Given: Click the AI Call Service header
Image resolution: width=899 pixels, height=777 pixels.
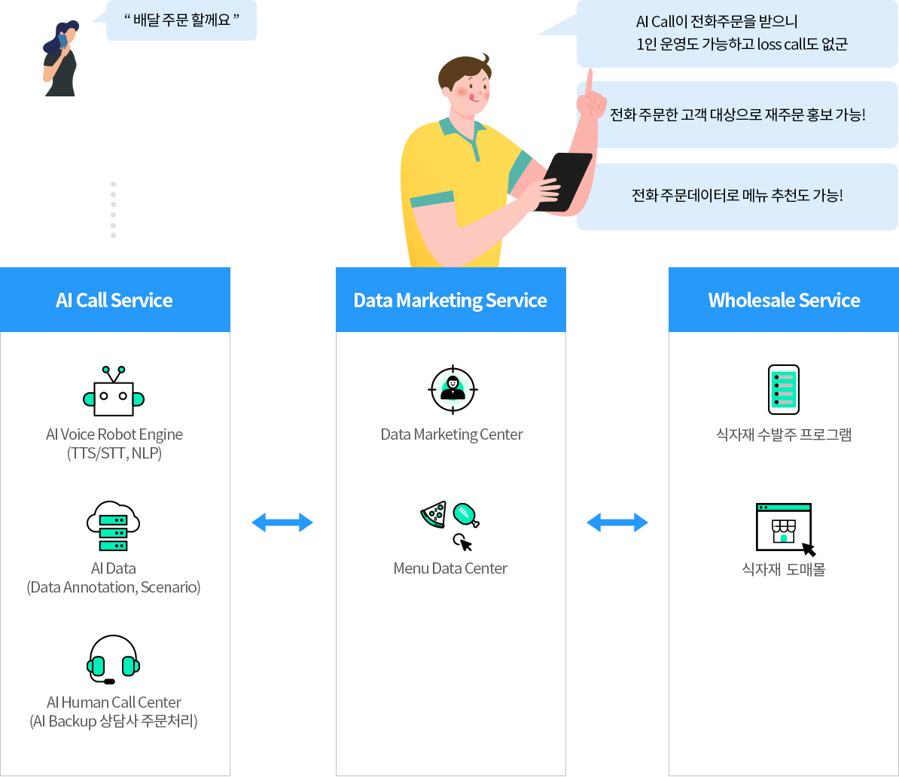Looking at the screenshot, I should coord(114,300).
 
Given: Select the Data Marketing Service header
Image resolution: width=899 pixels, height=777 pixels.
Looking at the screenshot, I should coord(450,300).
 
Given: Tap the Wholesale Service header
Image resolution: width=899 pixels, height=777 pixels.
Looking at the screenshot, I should coord(784,300).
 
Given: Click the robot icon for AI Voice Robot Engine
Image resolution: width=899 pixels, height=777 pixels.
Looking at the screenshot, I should coord(114,392).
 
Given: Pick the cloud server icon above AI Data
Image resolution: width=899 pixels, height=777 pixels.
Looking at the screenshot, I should coord(114,526).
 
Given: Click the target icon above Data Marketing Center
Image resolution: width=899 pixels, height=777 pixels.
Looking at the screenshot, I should coord(453,389).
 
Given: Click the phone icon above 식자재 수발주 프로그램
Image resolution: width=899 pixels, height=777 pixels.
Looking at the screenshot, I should coord(784,390).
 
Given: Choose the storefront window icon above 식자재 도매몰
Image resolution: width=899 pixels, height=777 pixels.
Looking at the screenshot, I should coord(784,527).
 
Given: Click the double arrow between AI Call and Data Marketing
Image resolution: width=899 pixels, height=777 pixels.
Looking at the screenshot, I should coord(282,523).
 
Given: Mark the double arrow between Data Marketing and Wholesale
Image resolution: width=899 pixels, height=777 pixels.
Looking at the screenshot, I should coord(617,523).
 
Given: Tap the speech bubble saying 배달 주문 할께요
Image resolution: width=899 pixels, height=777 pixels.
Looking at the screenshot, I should coord(181,20).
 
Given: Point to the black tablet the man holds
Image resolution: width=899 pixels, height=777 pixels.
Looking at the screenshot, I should coord(563,181).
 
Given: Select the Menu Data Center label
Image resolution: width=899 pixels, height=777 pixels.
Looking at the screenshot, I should coord(450,568).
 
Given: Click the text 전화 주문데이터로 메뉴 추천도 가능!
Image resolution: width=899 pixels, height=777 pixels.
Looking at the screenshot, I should coord(737,196).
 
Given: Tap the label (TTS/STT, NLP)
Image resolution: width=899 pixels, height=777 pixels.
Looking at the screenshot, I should coord(114,453).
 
